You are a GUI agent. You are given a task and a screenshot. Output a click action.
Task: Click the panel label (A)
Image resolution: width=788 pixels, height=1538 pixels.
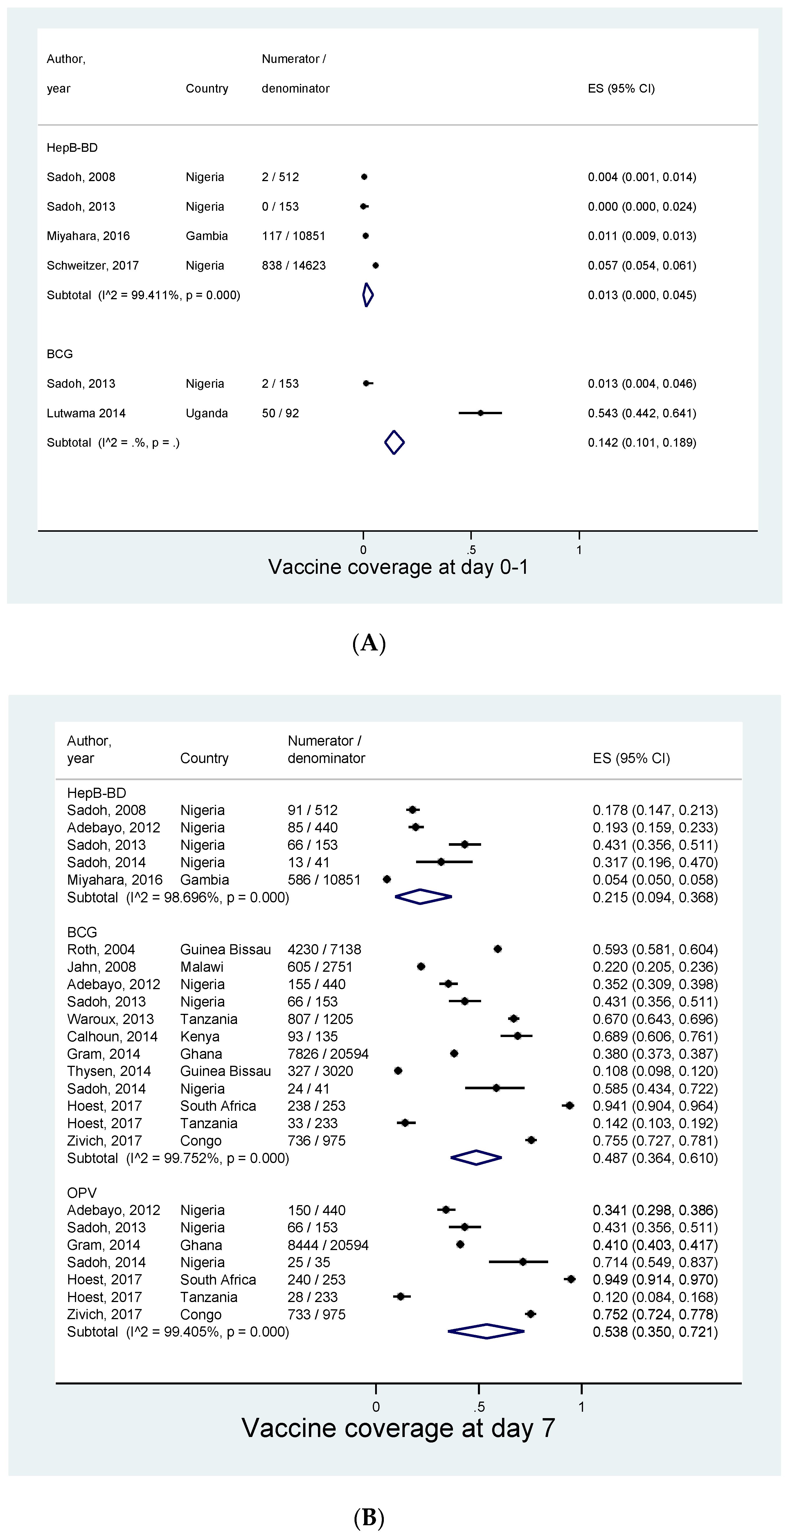coord(369,643)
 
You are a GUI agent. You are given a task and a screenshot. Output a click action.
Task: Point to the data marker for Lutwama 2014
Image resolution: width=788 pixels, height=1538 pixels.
coord(480,412)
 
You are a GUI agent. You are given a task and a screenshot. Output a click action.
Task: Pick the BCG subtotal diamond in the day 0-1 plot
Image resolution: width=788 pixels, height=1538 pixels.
coord(394,442)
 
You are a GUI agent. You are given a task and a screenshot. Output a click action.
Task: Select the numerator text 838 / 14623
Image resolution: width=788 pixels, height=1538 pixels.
coord(293,266)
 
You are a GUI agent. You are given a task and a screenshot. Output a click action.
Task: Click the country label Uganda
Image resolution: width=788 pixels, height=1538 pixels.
coord(207,413)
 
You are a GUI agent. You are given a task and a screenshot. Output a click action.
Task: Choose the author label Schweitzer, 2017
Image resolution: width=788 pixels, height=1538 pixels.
coord(93,266)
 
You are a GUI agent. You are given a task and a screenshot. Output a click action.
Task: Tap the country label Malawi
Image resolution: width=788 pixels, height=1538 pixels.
coord(202,967)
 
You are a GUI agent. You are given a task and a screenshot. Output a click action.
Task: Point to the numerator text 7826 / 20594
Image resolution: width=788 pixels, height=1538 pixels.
coord(328,1054)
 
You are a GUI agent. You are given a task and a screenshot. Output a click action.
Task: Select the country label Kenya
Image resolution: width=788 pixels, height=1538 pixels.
coord(200,1036)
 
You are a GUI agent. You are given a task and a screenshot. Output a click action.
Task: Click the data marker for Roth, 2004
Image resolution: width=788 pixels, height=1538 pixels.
coord(498,949)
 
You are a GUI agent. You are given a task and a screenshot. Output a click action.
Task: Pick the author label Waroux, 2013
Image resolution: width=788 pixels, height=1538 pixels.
coord(111,1019)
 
